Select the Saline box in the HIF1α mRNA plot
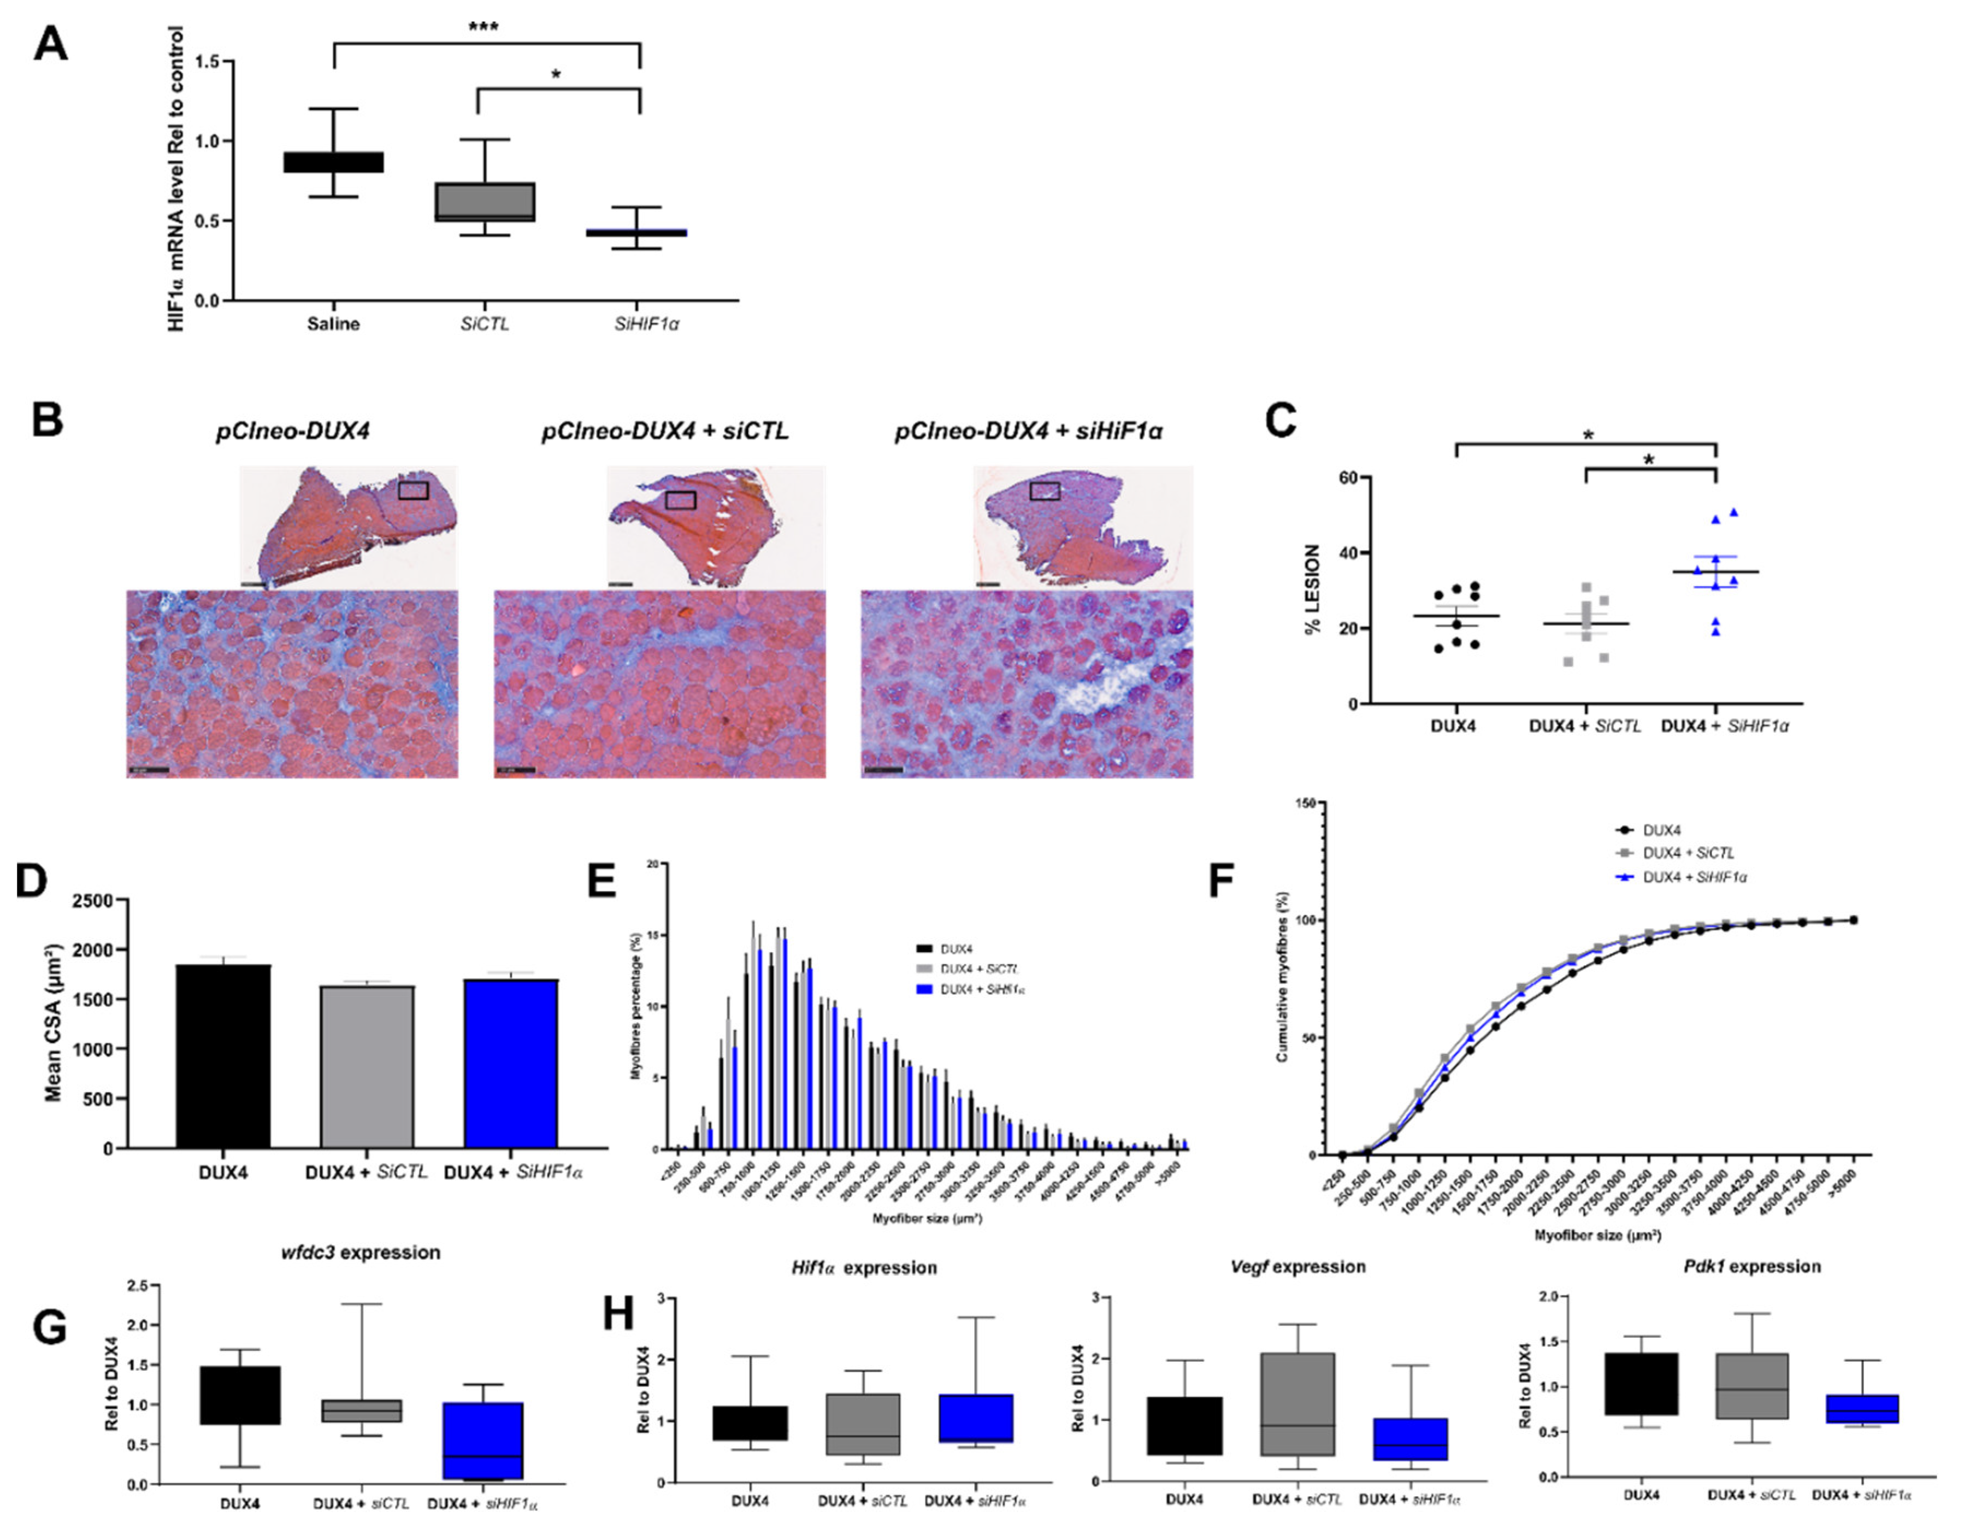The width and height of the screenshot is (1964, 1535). click(x=334, y=162)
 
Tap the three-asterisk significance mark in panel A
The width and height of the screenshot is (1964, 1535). click(x=484, y=27)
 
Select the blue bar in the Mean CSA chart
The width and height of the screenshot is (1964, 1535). click(x=511, y=1063)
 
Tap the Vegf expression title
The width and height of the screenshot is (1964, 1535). click(x=1297, y=1267)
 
